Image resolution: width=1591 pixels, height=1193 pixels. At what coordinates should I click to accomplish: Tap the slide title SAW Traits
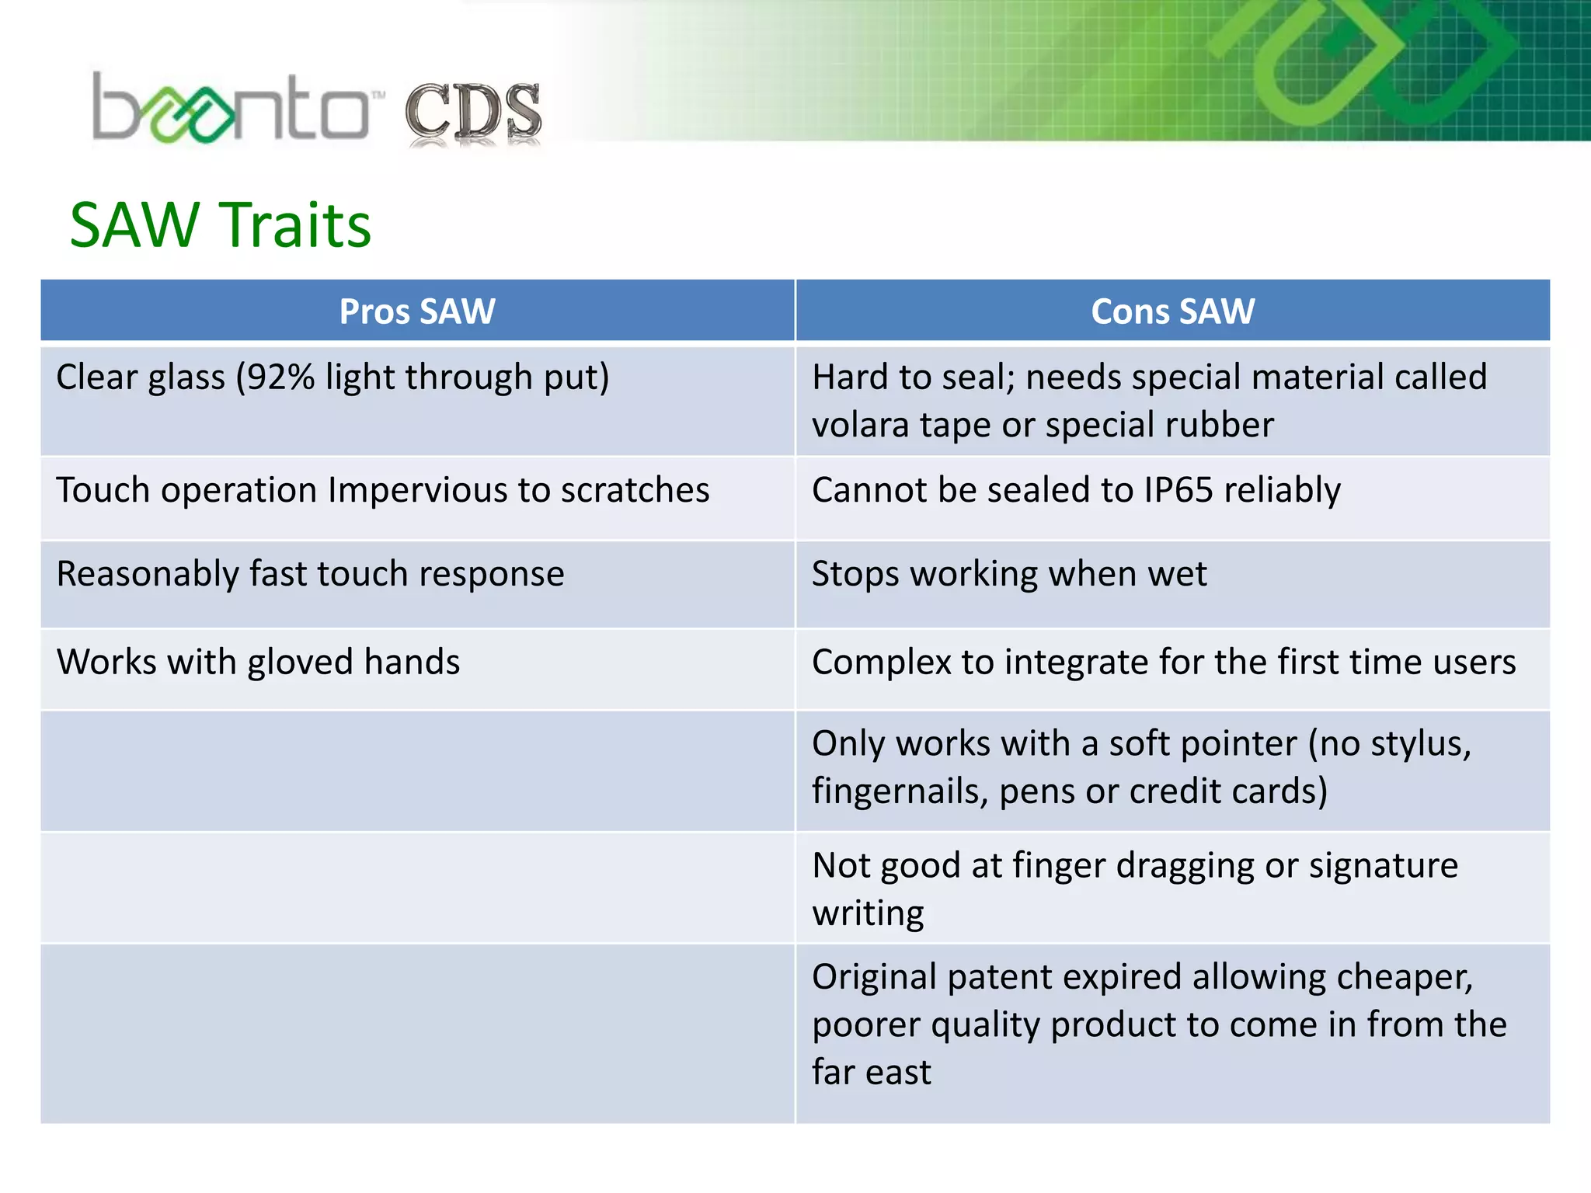(221, 225)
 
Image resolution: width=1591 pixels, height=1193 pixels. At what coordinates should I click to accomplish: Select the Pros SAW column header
(417, 311)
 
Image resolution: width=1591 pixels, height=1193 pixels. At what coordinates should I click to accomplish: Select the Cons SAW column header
(1172, 311)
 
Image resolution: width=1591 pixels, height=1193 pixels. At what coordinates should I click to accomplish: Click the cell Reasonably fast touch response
(310, 575)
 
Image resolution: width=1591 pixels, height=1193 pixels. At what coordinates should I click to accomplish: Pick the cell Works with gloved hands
(258, 663)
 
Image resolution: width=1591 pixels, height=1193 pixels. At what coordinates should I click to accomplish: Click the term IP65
(1178, 491)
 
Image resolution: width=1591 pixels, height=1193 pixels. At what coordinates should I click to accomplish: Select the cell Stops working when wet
(1009, 575)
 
